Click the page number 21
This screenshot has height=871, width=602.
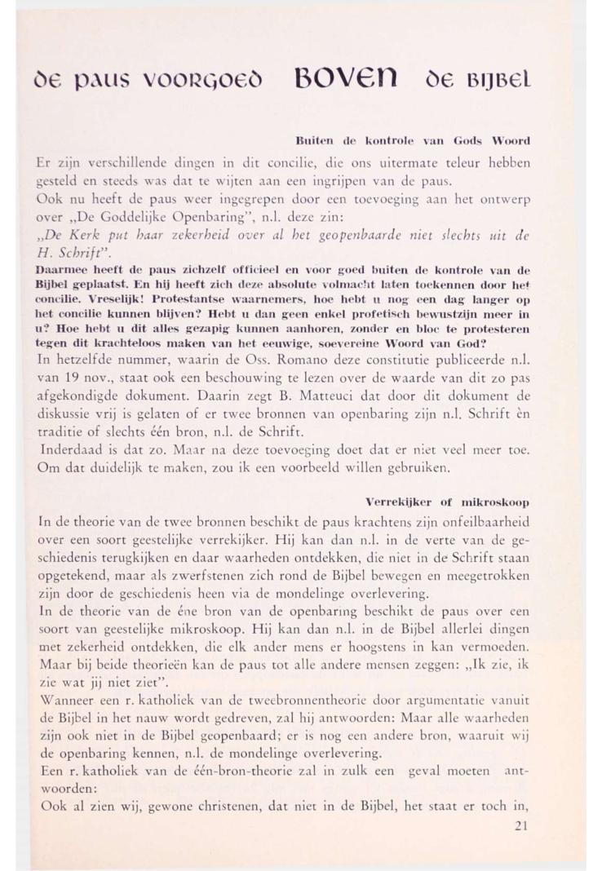pos(525,825)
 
